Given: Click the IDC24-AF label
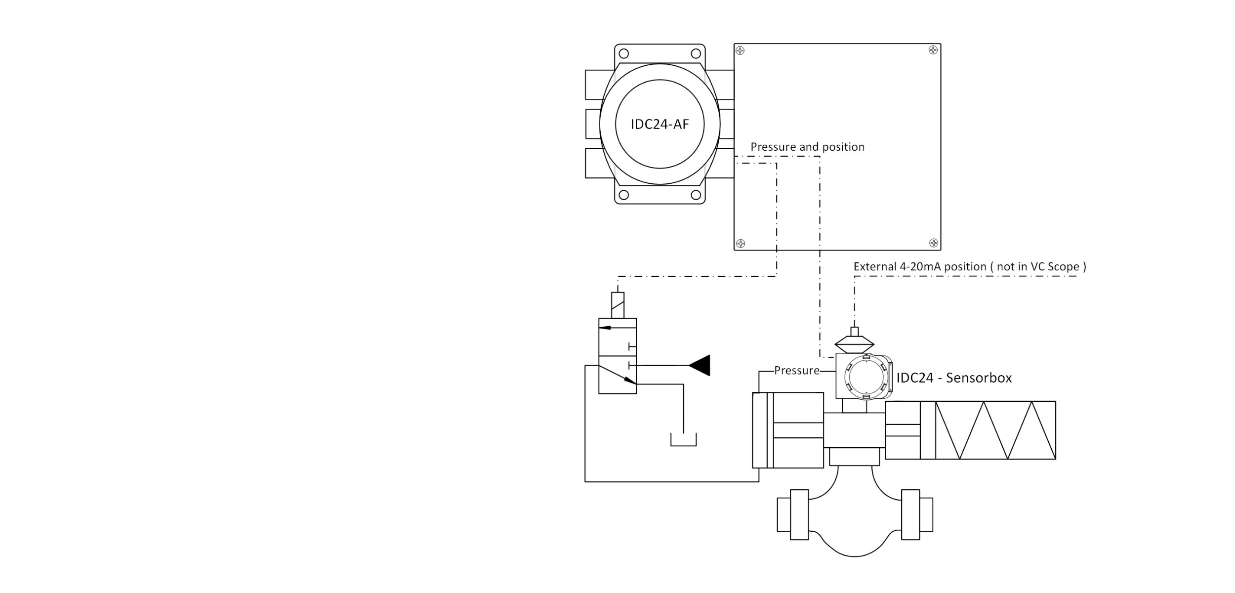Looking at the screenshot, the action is coord(659,124).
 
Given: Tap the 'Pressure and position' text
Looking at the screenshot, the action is coord(807,147).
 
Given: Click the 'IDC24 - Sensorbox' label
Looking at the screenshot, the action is coord(954,378).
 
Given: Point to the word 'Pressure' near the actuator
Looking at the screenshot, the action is coord(796,371).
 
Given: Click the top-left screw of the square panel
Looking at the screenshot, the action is coord(740,50).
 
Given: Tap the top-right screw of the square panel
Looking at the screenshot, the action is coord(933,50).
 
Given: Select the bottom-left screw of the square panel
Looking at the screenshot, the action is coord(741,243).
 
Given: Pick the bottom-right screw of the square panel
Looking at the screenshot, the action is coord(934,243).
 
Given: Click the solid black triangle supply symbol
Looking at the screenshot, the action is coord(700,365).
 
